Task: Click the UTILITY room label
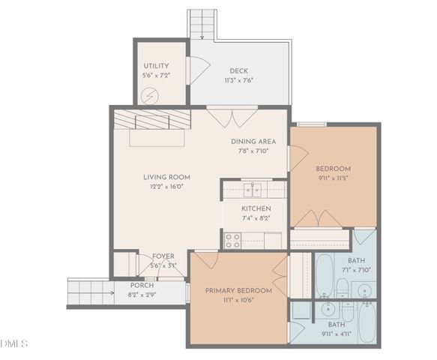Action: [x=156, y=66]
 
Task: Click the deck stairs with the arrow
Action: [x=201, y=23]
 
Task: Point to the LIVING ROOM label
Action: [x=163, y=178]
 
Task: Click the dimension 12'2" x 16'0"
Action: [x=163, y=187]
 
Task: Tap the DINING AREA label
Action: [x=253, y=141]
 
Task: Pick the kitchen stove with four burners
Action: [x=232, y=240]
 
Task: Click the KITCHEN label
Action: [x=256, y=208]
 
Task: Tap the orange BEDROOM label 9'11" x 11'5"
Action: [x=333, y=169]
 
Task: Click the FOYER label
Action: [x=163, y=256]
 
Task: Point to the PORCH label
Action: [x=142, y=285]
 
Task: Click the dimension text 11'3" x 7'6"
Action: [x=238, y=80]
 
